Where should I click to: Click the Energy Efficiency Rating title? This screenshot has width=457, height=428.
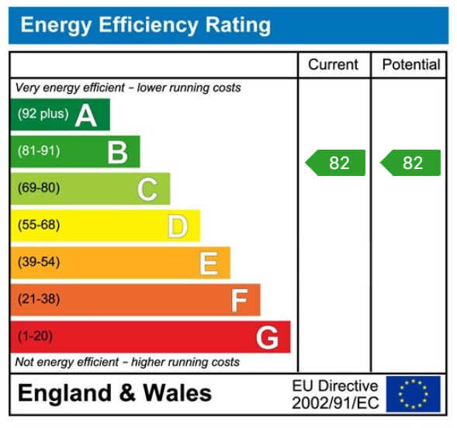click(146, 26)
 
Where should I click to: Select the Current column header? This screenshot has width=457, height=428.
click(333, 64)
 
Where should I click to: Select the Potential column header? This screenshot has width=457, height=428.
click(410, 64)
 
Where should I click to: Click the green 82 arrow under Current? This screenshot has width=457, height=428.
click(335, 163)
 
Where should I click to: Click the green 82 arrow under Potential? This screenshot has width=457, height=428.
click(410, 163)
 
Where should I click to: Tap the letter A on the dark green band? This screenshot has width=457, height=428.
click(85, 115)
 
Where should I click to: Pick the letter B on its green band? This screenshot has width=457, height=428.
click(117, 152)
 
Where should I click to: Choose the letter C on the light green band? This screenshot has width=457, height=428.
click(147, 189)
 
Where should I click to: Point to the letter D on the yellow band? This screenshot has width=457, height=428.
click(178, 226)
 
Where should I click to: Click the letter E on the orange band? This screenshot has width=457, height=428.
click(208, 264)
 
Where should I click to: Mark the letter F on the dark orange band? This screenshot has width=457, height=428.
click(239, 301)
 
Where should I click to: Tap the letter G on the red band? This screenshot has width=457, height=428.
click(268, 338)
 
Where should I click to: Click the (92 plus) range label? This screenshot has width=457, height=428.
click(43, 114)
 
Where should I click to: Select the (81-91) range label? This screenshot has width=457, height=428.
click(39, 151)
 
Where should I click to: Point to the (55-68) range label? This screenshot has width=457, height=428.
click(39, 226)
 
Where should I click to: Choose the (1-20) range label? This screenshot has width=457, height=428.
click(36, 337)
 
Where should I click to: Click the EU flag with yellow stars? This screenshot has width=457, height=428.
click(413, 394)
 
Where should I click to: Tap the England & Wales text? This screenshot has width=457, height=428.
click(115, 393)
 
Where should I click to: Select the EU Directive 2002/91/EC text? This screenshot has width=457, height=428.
click(335, 394)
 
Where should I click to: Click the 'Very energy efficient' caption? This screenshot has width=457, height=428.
click(128, 88)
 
